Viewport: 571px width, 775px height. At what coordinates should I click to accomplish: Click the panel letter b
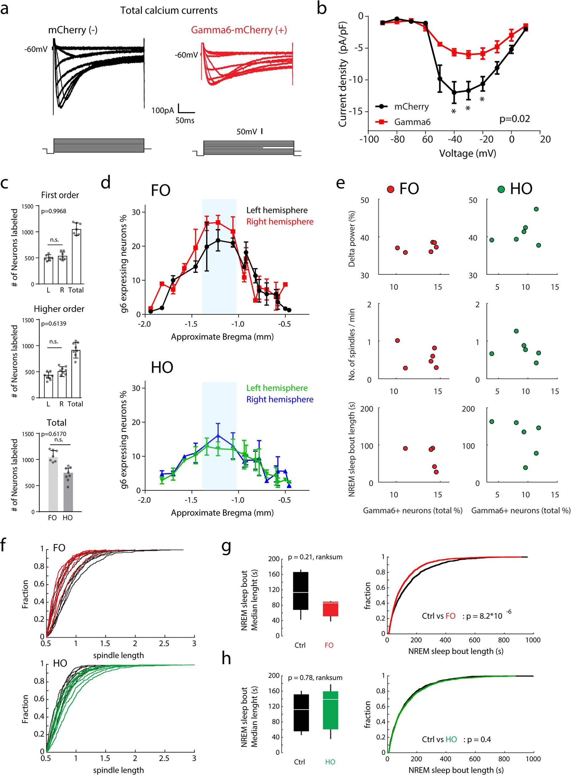(x=322, y=8)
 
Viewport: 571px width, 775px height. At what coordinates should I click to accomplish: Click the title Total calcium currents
(x=169, y=10)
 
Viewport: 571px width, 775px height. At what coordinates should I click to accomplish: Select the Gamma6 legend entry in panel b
(x=412, y=122)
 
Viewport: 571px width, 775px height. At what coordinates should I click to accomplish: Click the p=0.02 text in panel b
(x=514, y=119)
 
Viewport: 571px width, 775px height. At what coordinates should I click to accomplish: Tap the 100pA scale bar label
(x=162, y=111)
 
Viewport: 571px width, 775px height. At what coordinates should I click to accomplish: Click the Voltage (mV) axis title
(x=467, y=153)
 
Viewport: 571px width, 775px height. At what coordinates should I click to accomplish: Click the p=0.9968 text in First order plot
(x=54, y=211)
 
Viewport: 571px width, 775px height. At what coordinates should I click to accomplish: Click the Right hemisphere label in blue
(x=280, y=399)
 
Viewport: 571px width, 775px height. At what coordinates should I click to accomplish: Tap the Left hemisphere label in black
(x=276, y=210)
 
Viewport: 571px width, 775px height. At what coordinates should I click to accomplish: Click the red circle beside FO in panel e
(x=391, y=189)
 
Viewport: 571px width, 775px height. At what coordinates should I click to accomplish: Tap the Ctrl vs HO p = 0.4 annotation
(x=456, y=739)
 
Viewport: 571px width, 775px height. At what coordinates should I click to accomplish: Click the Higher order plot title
(x=59, y=309)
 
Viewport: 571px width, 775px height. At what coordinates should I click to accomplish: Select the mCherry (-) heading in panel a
(x=73, y=30)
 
